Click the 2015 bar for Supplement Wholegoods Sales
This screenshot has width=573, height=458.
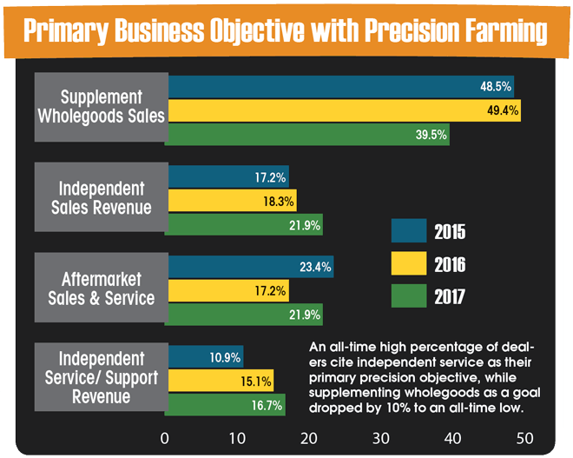(339, 87)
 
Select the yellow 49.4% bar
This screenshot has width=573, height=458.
(343, 111)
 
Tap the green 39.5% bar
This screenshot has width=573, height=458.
(307, 135)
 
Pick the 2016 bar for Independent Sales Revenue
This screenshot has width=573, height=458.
(231, 201)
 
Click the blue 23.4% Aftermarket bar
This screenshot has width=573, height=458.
(250, 268)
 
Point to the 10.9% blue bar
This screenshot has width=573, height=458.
(205, 357)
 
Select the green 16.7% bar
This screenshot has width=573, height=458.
(226, 405)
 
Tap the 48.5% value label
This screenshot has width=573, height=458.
(495, 87)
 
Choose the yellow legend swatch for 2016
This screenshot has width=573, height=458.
(409, 263)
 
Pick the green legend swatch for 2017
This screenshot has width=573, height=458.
(409, 296)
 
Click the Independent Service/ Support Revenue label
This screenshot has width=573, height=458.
(102, 378)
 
